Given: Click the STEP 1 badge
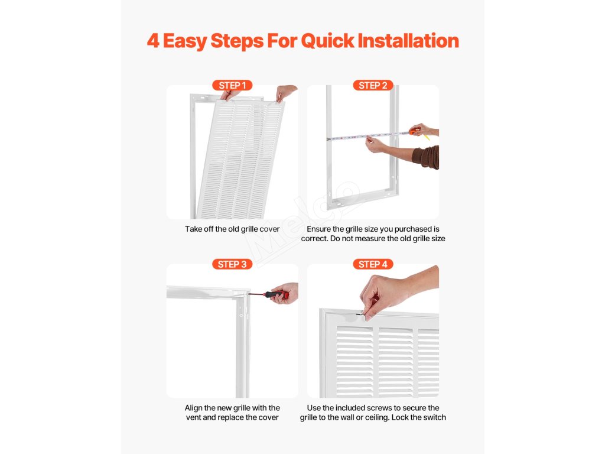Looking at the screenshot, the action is click(x=232, y=85).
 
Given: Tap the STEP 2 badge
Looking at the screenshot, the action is click(x=373, y=85).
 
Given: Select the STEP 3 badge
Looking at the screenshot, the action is click(x=232, y=264).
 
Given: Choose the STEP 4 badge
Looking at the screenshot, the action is click(x=373, y=264).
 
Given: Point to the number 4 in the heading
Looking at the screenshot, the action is click(x=153, y=41).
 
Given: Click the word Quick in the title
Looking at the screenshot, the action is click(x=327, y=41).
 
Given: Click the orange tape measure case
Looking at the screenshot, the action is click(x=415, y=131).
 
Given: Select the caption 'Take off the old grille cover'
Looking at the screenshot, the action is click(x=232, y=229).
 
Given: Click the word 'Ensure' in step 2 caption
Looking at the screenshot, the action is click(x=318, y=229).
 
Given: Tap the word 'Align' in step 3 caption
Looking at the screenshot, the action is click(x=193, y=408).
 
